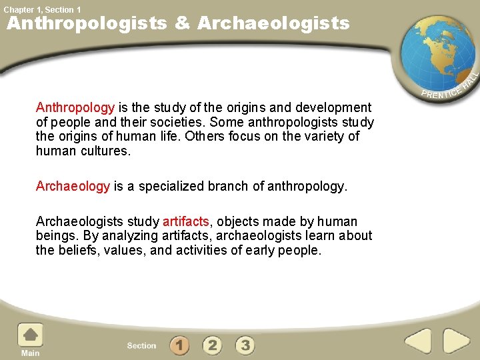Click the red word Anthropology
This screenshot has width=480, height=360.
75,108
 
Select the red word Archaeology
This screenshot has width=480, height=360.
73,187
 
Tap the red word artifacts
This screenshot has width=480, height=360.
186,221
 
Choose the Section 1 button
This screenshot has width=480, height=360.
179,345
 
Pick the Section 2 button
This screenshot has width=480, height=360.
212,345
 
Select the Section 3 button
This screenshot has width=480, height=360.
245,345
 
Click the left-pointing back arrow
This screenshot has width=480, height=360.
419,342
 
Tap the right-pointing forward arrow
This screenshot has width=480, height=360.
457,342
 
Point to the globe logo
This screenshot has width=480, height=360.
436,54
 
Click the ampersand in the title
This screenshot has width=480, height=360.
181,24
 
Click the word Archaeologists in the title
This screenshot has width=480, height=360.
273,24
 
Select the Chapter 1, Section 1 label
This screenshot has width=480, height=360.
42,9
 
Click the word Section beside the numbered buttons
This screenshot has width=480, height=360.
141,345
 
